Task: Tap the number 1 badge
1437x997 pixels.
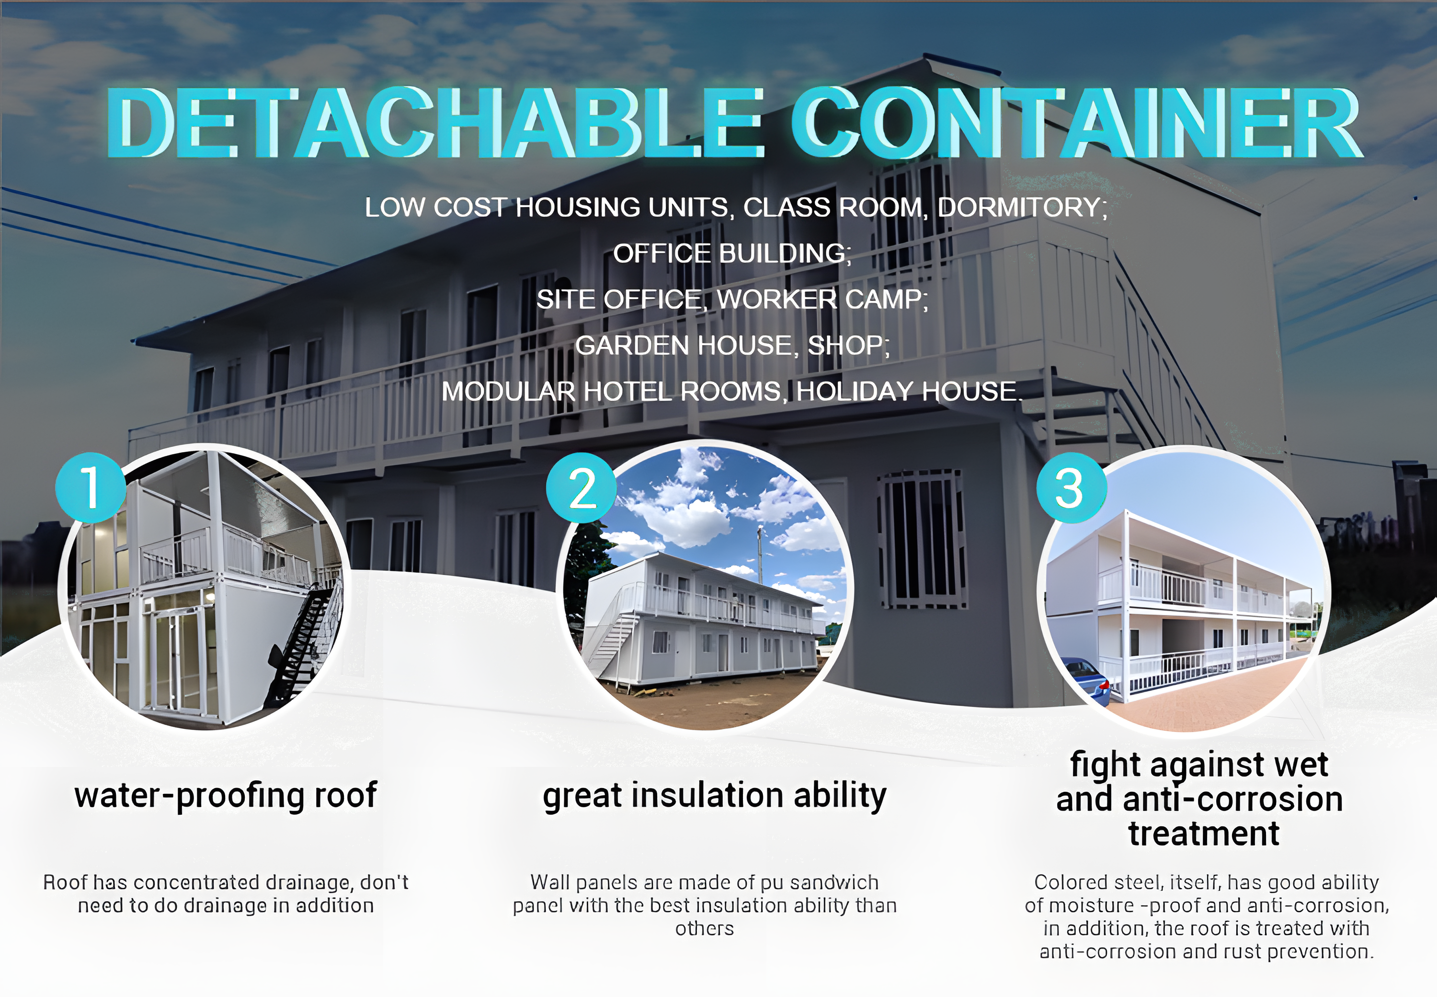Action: point(91,488)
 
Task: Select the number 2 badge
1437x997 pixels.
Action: point(582,488)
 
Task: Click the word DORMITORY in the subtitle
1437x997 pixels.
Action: point(1022,208)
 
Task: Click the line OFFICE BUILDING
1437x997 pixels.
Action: point(731,254)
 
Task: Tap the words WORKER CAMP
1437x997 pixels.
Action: point(822,299)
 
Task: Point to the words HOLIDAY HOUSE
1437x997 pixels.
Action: point(909,391)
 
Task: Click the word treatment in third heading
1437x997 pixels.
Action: point(1204,834)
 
